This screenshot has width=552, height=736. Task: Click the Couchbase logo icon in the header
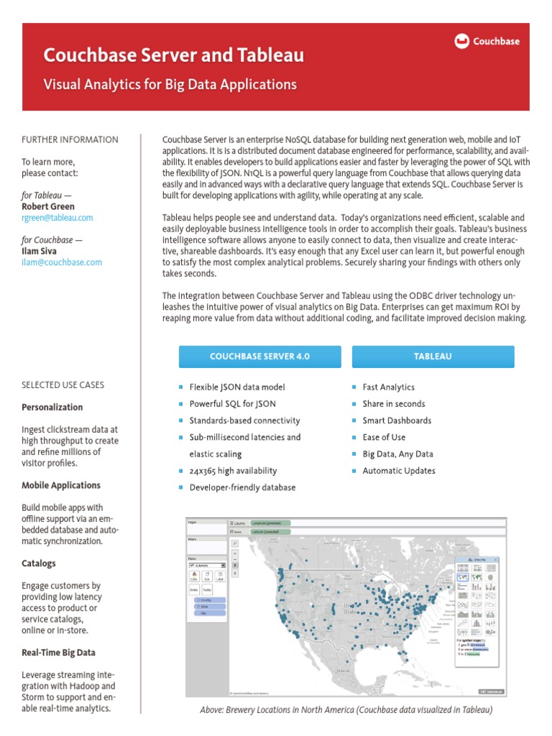point(462,42)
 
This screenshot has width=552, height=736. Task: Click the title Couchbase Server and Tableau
point(173,55)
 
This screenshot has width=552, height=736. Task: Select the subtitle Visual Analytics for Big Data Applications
point(170,84)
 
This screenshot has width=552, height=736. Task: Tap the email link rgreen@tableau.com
point(57,218)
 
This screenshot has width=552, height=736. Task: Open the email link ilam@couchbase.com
point(62,262)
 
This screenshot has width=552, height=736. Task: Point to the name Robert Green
point(48,206)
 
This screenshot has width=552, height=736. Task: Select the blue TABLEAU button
point(433,356)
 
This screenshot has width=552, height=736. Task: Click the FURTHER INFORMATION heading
point(70,139)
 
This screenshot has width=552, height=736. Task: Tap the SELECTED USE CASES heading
point(63,385)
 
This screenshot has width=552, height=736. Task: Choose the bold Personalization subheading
point(52,408)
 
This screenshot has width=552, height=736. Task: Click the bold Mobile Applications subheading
point(61,485)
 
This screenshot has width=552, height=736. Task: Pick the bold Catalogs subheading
point(39,563)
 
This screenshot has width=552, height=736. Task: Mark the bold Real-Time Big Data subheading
point(58,653)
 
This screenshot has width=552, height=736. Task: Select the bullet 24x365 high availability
point(233,471)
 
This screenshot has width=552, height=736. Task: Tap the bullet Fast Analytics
point(388,387)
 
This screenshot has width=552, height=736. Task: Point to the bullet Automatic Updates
point(399,471)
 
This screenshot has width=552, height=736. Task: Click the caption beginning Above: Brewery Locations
point(346,710)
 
